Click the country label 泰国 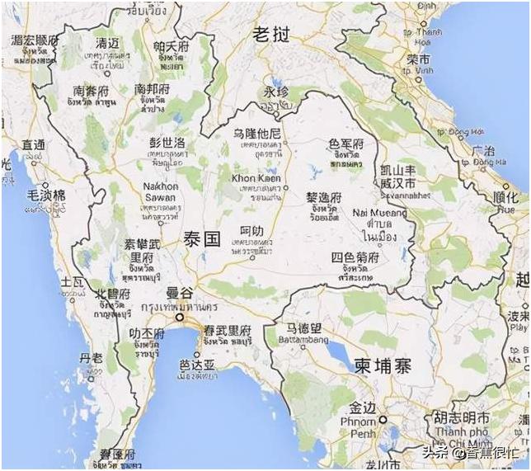(x=201, y=239)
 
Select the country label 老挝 (x=271, y=35)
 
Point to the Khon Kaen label (x=256, y=178)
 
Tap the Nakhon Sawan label (x=161, y=192)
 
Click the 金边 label (x=363, y=407)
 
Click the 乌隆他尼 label (x=257, y=134)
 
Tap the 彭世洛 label (x=167, y=142)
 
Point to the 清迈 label (x=107, y=43)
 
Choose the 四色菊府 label (x=355, y=257)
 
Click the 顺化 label (x=505, y=198)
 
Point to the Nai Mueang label (x=379, y=213)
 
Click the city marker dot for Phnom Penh (x=383, y=420)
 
